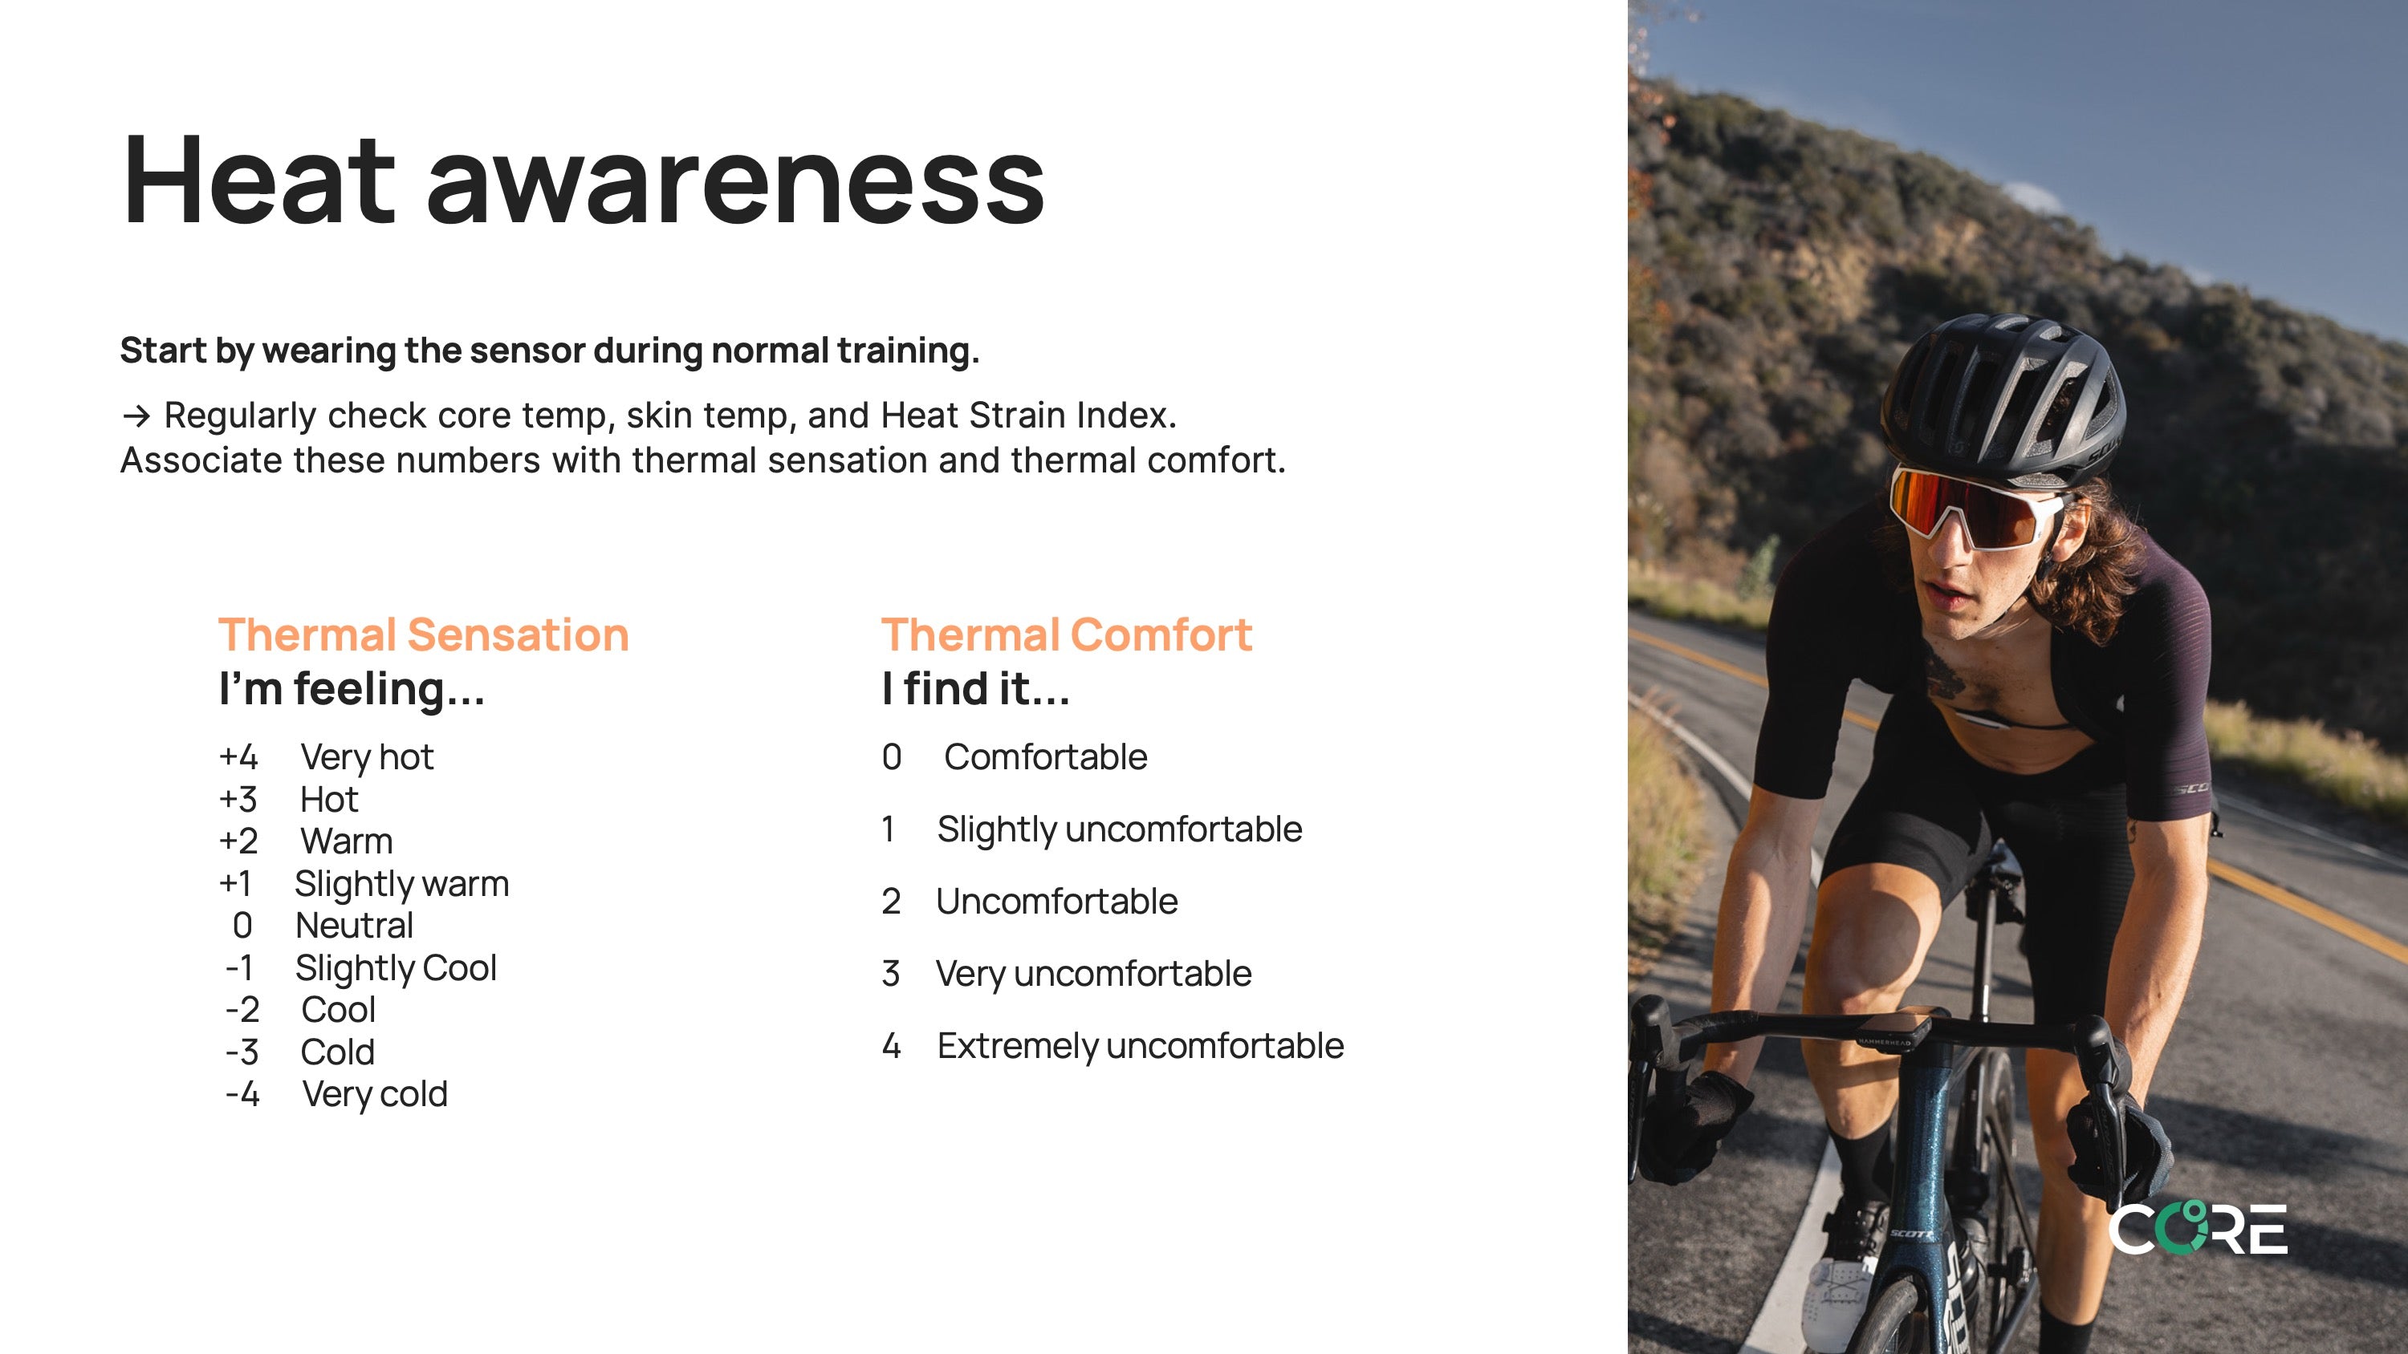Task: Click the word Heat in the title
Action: (259, 180)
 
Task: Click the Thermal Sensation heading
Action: (424, 635)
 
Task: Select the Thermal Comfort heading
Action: (1067, 635)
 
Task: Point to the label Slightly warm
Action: (402, 884)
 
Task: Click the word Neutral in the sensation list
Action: (354, 925)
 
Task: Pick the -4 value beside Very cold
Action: (242, 1094)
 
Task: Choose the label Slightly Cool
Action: (397, 968)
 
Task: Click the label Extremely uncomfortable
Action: (1141, 1047)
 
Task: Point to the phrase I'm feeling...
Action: (352, 690)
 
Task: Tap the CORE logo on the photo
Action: (2198, 1229)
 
